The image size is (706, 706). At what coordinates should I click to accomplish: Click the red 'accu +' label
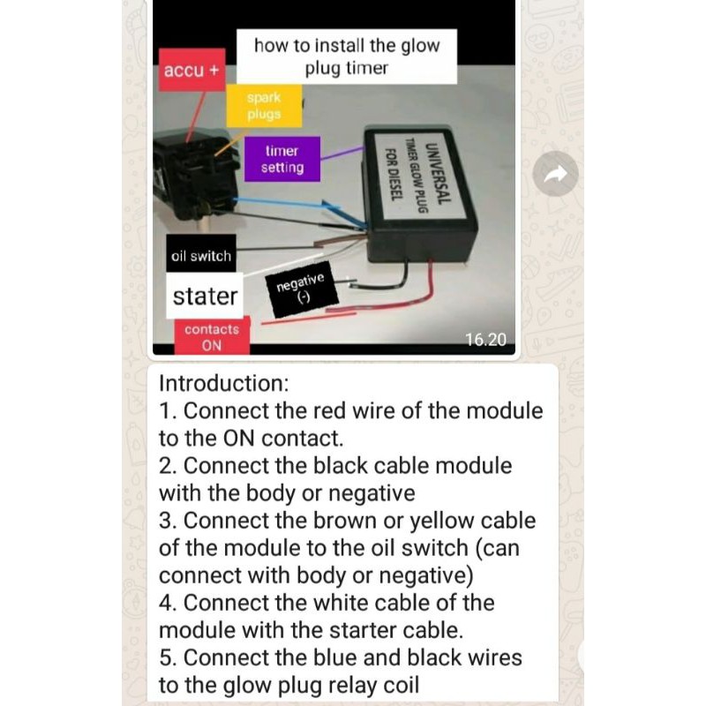pos(192,71)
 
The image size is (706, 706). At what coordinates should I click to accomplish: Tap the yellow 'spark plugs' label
pos(264,106)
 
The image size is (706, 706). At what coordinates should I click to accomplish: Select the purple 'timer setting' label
pos(282,159)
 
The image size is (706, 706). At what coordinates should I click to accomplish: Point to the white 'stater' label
pos(205,296)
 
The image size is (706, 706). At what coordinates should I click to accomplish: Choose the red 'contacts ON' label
pos(212,337)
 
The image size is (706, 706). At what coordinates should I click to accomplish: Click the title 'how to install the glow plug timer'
pos(347,56)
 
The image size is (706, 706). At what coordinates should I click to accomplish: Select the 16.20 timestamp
pos(486,340)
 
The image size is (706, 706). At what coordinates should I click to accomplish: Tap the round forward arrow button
pos(556,174)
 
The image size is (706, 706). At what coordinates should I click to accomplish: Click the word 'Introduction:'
pos(224,383)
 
